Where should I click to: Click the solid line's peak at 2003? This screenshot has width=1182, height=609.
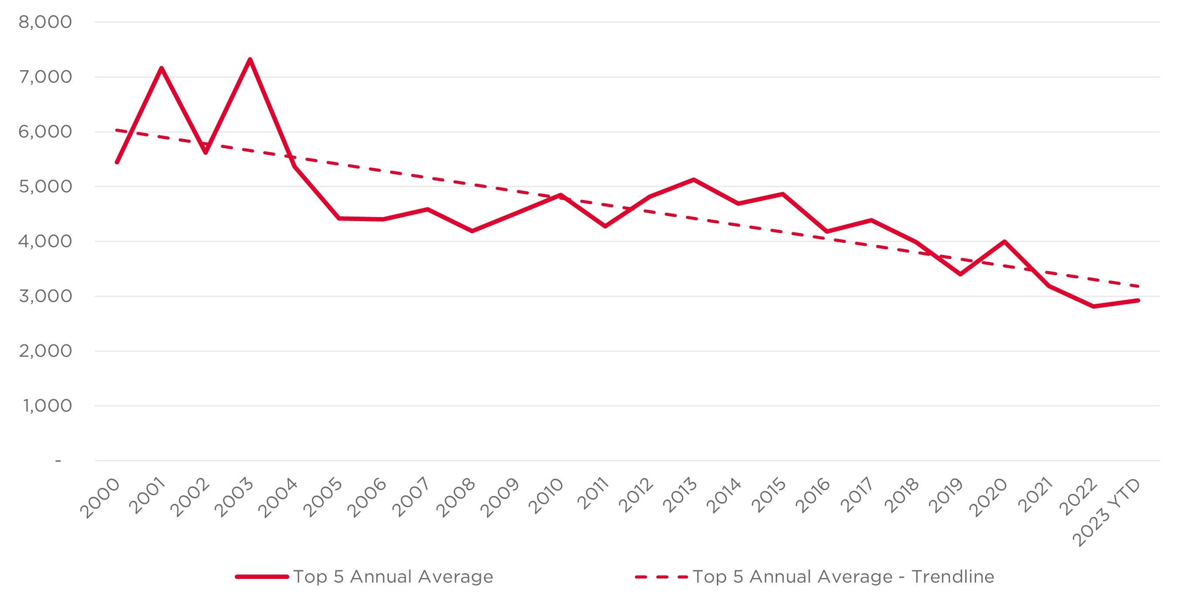pos(250,59)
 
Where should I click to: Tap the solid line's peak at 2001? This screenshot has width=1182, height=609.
pos(161,68)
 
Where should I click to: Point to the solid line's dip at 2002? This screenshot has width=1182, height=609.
pos(206,152)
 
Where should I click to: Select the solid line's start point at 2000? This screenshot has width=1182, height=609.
pos(117,162)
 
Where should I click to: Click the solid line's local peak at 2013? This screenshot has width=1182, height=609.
pos(694,180)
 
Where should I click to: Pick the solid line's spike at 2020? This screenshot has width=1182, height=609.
pos(1004,242)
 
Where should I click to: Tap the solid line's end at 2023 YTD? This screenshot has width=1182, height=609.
pos(1138,300)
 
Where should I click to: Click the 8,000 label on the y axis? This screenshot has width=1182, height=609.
pos(45,22)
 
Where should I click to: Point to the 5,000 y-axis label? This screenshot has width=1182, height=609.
pos(45,187)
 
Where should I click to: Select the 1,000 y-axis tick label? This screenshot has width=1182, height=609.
pos(47,406)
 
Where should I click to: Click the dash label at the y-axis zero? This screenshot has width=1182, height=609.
pos(58,460)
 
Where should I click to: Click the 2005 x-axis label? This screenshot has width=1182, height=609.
pos(323,497)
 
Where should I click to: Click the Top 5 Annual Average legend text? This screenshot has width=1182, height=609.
pos(393,576)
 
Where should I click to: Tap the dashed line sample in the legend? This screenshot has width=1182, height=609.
pos(661,577)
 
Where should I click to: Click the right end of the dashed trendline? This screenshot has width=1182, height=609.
pos(1138,286)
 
